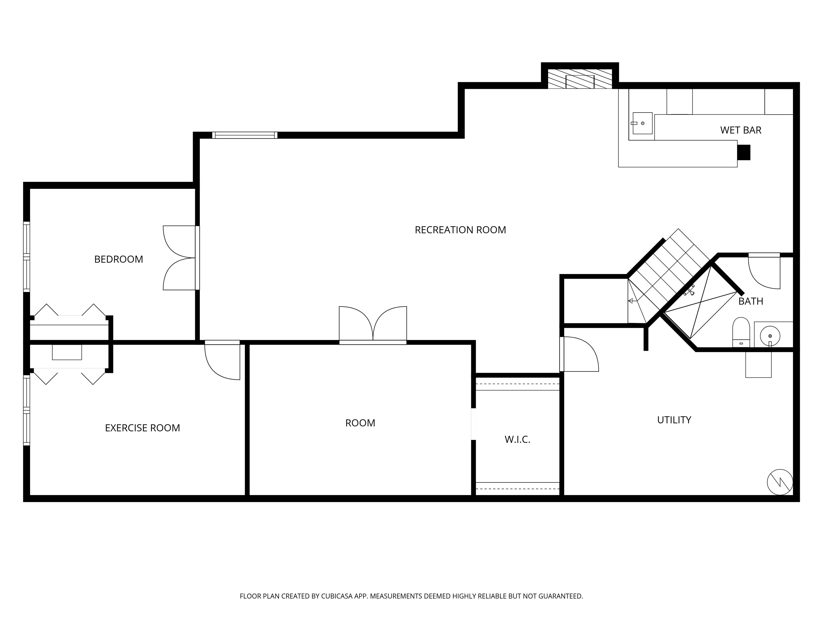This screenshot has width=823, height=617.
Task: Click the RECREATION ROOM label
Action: tap(460, 230)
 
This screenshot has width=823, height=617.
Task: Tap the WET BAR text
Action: tap(740, 130)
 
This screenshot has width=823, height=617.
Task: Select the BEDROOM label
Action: tap(118, 259)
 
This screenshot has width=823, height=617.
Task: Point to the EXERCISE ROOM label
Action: tap(142, 428)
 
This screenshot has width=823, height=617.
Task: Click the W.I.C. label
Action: tap(517, 440)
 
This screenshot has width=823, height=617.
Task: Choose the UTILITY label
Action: tap(674, 420)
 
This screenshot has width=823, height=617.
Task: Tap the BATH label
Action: tap(750, 301)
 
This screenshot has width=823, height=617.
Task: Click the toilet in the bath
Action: tap(741, 332)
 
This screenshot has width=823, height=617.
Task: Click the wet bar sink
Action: tap(642, 123)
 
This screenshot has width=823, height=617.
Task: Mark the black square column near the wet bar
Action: tap(744, 152)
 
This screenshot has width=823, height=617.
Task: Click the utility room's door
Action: tap(579, 354)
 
